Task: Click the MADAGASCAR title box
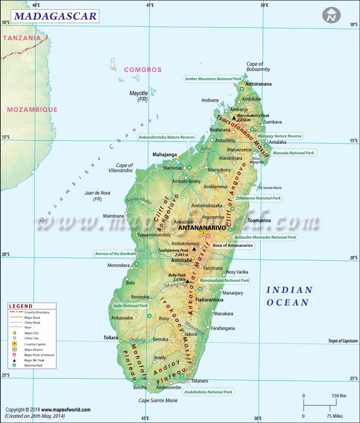coord(55,16)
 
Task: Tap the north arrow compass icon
coord(331,16)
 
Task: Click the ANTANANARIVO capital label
coord(202,228)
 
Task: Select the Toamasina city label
coord(259,220)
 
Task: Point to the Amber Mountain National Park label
coord(213,79)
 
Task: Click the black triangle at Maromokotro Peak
coord(234,118)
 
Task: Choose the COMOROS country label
coord(143,70)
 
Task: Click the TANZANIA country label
coord(22,38)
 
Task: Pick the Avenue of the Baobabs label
coord(115,254)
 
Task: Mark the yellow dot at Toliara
coord(121,341)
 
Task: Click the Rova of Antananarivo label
coord(233,246)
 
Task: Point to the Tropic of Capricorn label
coord(343,341)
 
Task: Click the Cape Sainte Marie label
coord(158,400)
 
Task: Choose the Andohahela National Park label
coord(208,392)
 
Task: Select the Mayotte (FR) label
coord(139,96)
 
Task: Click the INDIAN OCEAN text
coord(289,296)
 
